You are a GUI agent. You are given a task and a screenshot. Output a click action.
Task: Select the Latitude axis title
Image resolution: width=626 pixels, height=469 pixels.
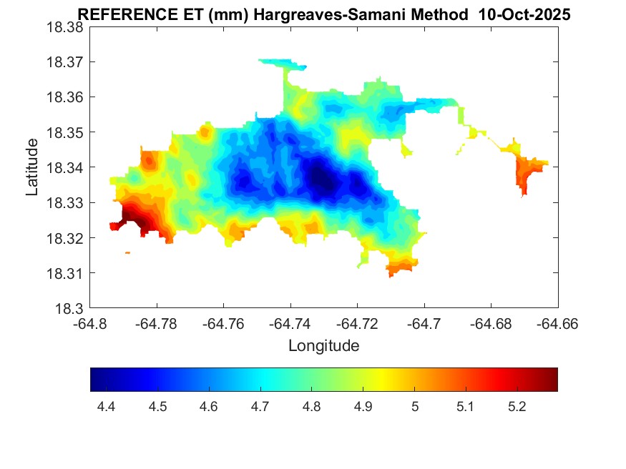(32, 167)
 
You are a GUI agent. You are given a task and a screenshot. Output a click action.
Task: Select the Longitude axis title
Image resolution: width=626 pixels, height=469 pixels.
(323, 346)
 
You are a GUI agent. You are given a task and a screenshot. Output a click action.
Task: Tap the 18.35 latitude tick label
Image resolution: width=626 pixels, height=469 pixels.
(65, 132)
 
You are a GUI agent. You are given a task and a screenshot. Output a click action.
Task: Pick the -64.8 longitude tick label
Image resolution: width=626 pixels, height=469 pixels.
(90, 323)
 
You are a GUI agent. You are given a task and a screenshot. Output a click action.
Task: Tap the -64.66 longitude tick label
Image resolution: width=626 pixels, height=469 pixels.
(558, 323)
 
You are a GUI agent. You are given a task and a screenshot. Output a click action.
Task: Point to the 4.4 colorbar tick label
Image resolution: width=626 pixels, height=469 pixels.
(106, 407)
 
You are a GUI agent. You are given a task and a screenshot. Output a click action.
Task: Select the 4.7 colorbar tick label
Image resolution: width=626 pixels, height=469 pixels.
(260, 407)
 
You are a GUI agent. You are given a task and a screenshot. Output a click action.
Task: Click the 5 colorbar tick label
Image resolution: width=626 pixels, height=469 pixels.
(414, 407)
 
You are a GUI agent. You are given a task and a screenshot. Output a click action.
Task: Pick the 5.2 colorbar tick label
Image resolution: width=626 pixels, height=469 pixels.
(517, 407)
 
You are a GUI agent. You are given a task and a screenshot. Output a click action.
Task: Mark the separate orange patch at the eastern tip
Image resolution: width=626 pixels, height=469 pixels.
(528, 173)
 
